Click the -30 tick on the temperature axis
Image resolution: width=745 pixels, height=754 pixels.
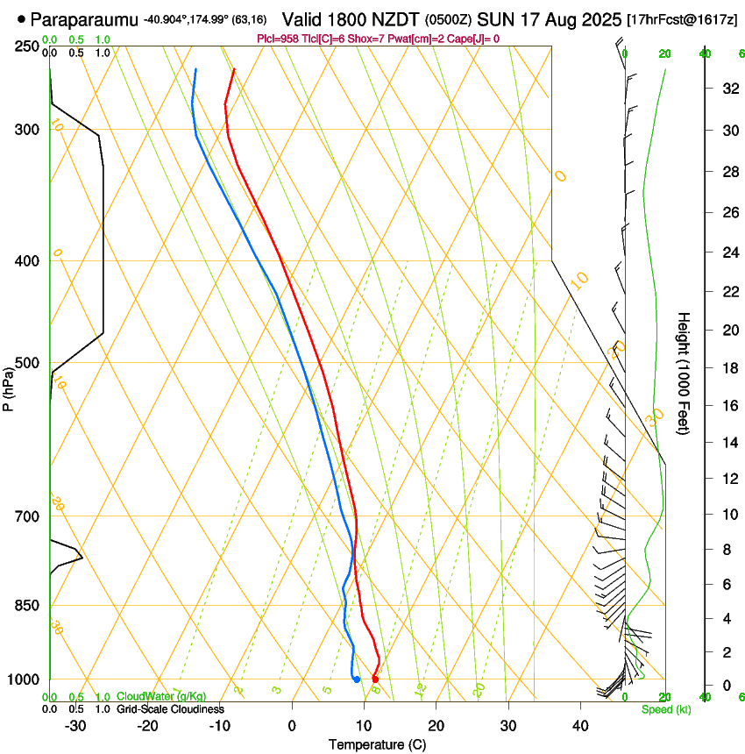(x=75, y=725)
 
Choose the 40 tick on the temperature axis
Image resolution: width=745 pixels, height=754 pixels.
(x=579, y=725)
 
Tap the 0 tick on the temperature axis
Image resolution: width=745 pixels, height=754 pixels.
(x=292, y=725)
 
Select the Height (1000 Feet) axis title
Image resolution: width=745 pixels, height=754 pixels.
(x=685, y=373)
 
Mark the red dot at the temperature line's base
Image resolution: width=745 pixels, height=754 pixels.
(x=375, y=679)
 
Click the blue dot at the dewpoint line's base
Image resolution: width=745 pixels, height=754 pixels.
(x=357, y=679)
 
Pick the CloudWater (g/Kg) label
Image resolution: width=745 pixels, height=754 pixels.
(x=161, y=696)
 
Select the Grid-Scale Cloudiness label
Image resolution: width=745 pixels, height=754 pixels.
(x=170, y=708)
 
